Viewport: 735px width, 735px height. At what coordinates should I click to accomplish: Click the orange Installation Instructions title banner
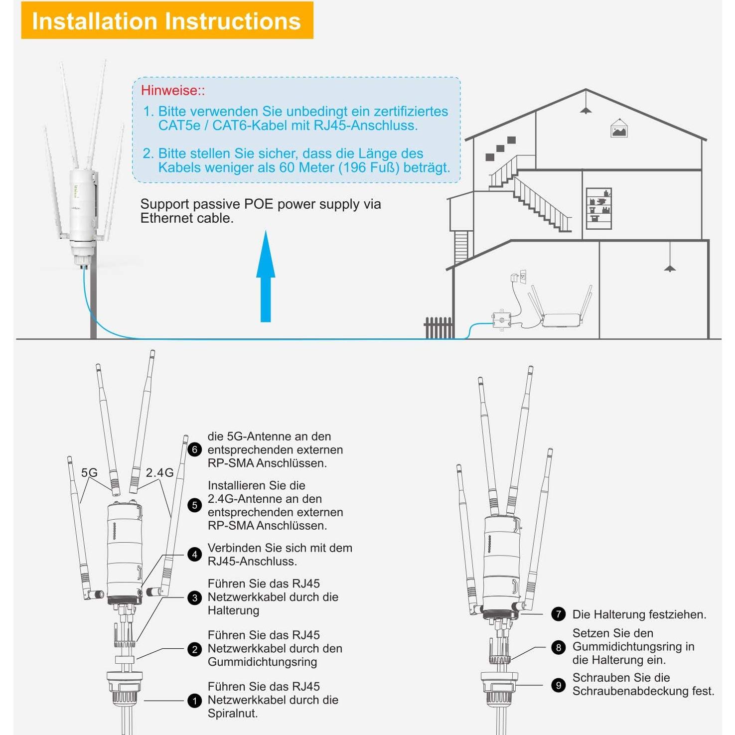pyautogui.click(x=167, y=21)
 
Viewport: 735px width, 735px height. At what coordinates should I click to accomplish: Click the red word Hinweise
pyautogui.click(x=170, y=91)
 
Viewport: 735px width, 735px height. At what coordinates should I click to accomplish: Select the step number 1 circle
pyautogui.click(x=194, y=701)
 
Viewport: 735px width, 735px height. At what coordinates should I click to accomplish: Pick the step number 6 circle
pyautogui.click(x=194, y=449)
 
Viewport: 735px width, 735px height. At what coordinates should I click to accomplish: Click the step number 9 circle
pyautogui.click(x=558, y=685)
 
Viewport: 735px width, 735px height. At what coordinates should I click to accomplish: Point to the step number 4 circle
pyautogui.click(x=194, y=555)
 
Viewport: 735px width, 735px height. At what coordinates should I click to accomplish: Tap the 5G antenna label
pyautogui.click(x=89, y=472)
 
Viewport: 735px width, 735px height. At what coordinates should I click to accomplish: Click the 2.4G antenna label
pyautogui.click(x=159, y=472)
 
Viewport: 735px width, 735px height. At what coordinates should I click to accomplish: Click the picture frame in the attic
pyautogui.click(x=619, y=129)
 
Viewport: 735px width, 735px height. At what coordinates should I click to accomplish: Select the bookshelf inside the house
pyautogui.click(x=598, y=209)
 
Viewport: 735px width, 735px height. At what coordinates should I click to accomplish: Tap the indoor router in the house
pyautogui.click(x=561, y=319)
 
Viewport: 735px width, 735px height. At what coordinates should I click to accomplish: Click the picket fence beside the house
pyautogui.click(x=439, y=328)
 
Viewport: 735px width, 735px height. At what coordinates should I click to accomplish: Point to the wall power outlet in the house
pyautogui.click(x=522, y=277)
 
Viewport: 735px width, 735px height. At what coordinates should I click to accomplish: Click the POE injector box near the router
pyautogui.click(x=501, y=319)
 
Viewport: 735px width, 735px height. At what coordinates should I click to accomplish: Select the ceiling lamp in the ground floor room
pyautogui.click(x=670, y=268)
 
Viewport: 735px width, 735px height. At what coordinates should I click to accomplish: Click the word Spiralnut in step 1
pyautogui.click(x=233, y=714)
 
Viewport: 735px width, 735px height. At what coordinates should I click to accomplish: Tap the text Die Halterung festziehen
pyautogui.click(x=639, y=614)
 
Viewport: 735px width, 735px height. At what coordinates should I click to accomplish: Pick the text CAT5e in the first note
pyautogui.click(x=179, y=126)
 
